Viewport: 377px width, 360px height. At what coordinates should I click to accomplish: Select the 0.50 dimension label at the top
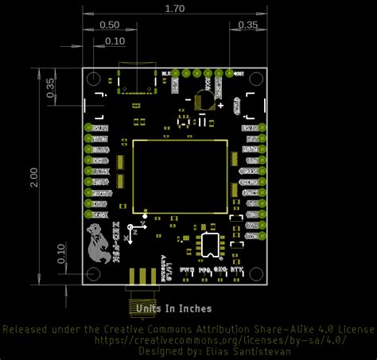pyautogui.click(x=111, y=25)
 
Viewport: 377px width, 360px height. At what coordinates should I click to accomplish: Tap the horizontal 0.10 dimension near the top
pyautogui.click(x=115, y=41)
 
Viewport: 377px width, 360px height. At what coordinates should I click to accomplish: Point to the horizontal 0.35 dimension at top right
pyautogui.click(x=248, y=25)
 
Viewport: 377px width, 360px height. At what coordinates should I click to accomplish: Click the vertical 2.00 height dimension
pyautogui.click(x=33, y=177)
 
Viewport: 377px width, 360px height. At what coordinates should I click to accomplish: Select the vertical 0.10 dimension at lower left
pyautogui.click(x=61, y=254)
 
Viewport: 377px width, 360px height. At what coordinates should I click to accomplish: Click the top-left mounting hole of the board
pyautogui.click(x=94, y=79)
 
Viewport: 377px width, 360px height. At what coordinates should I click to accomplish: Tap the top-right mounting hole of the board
pyautogui.click(x=257, y=79)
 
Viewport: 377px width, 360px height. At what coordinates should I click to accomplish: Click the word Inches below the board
pyautogui.click(x=193, y=308)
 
